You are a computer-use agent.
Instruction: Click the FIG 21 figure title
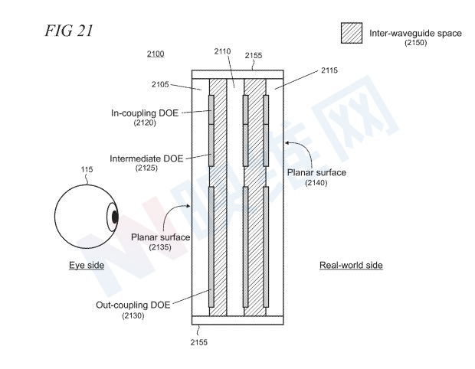(69, 31)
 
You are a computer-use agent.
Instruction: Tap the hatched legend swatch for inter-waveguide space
(352, 33)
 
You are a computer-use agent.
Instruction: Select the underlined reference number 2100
(156, 54)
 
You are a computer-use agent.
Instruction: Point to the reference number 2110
(222, 51)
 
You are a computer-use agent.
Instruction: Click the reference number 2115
(329, 70)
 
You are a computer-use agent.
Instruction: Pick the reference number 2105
(160, 84)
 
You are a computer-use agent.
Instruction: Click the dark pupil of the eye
(115, 217)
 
